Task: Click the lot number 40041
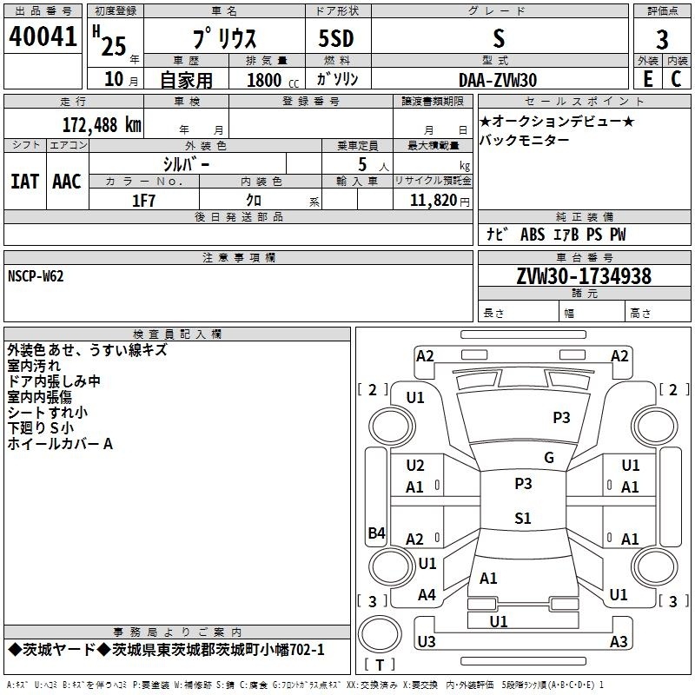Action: click(x=43, y=36)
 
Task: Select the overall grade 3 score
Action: click(x=662, y=40)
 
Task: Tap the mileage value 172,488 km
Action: click(x=102, y=125)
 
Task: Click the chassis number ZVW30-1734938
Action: click(x=584, y=276)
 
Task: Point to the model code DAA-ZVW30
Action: click(x=498, y=80)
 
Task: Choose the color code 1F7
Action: click(x=143, y=201)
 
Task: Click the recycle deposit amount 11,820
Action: click(x=433, y=201)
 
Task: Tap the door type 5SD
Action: click(x=336, y=38)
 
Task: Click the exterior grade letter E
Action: click(x=647, y=79)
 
